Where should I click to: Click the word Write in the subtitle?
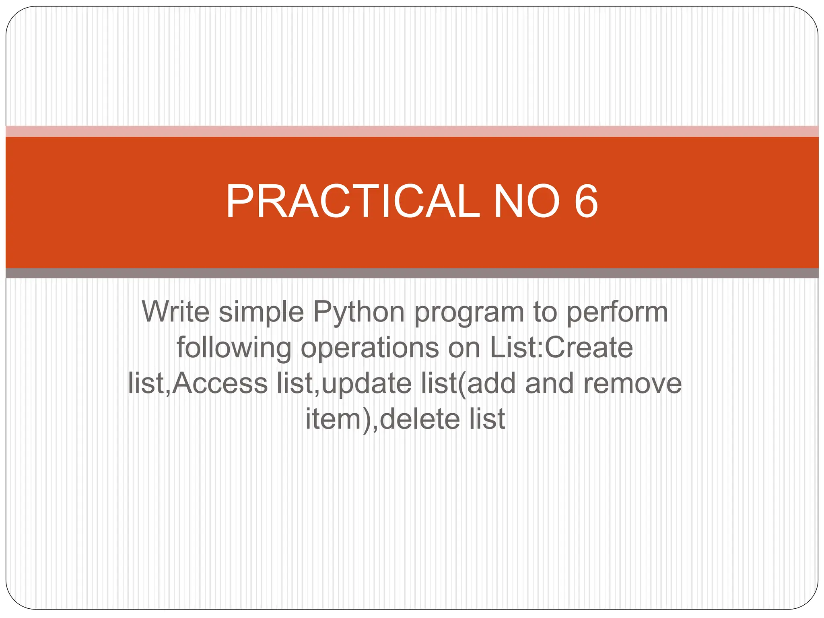click(176, 312)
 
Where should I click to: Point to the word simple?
click(261, 313)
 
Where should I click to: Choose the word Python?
click(358, 313)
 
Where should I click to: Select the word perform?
click(617, 313)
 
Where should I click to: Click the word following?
click(234, 348)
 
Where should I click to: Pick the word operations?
click(370, 348)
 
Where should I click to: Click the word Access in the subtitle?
click(220, 383)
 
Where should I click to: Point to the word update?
click(367, 384)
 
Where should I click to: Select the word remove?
click(632, 384)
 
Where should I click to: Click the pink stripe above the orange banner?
click(412, 131)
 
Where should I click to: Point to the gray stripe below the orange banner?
click(412, 273)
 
